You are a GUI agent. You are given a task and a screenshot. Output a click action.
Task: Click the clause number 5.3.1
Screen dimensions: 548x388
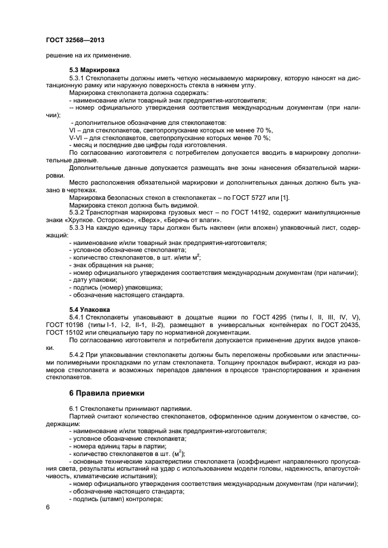point(77,78)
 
